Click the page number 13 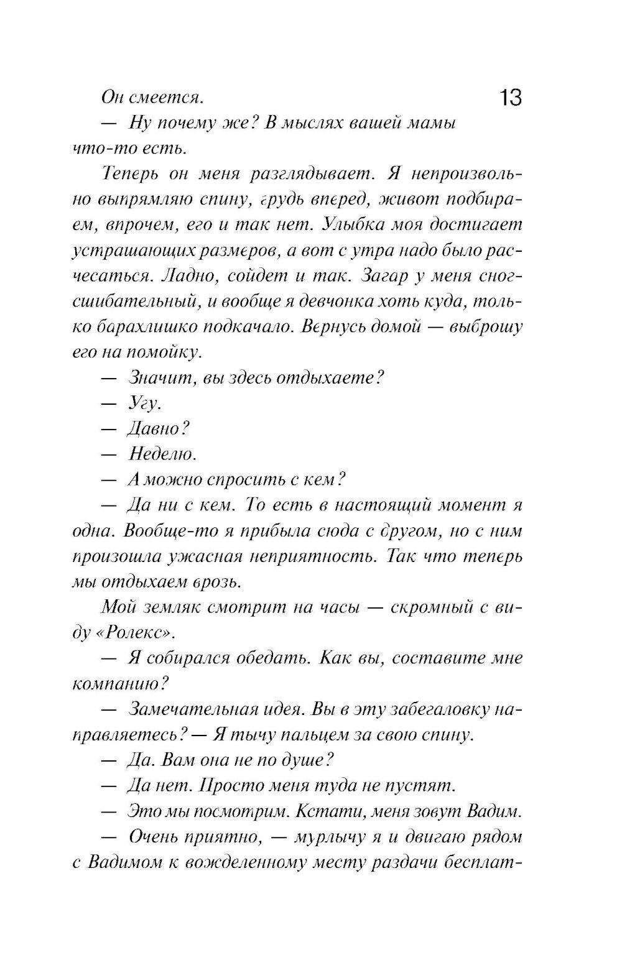coord(509,98)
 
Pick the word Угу coord(144,403)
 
